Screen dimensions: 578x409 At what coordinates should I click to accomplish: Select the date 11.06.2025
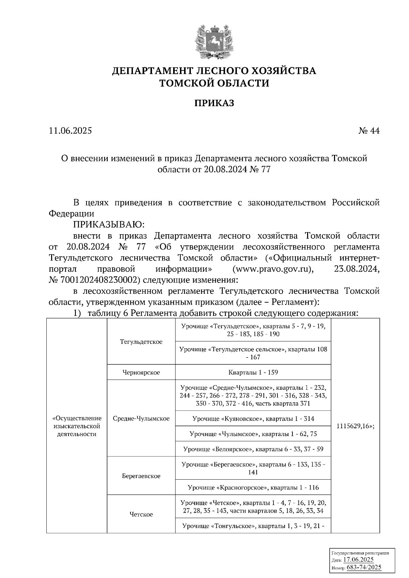click(70, 131)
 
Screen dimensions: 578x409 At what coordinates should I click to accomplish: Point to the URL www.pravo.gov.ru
click(273, 269)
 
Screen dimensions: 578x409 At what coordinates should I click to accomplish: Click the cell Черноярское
click(141, 372)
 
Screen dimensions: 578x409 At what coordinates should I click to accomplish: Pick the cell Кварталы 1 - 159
click(253, 372)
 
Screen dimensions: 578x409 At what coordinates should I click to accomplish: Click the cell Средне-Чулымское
click(141, 419)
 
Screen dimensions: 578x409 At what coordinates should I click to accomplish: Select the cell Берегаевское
click(141, 476)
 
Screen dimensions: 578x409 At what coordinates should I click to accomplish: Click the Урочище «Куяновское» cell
click(253, 419)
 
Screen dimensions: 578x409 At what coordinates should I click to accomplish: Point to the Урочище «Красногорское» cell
click(253, 487)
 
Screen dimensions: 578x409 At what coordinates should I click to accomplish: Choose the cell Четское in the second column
click(141, 514)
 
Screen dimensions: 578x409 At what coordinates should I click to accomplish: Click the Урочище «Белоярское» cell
click(253, 449)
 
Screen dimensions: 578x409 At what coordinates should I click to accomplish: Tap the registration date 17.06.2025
click(358, 560)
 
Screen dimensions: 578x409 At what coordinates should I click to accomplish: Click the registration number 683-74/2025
click(364, 567)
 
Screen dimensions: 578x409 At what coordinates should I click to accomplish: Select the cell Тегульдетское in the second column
click(141, 341)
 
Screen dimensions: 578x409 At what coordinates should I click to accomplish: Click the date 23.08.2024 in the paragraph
click(355, 269)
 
